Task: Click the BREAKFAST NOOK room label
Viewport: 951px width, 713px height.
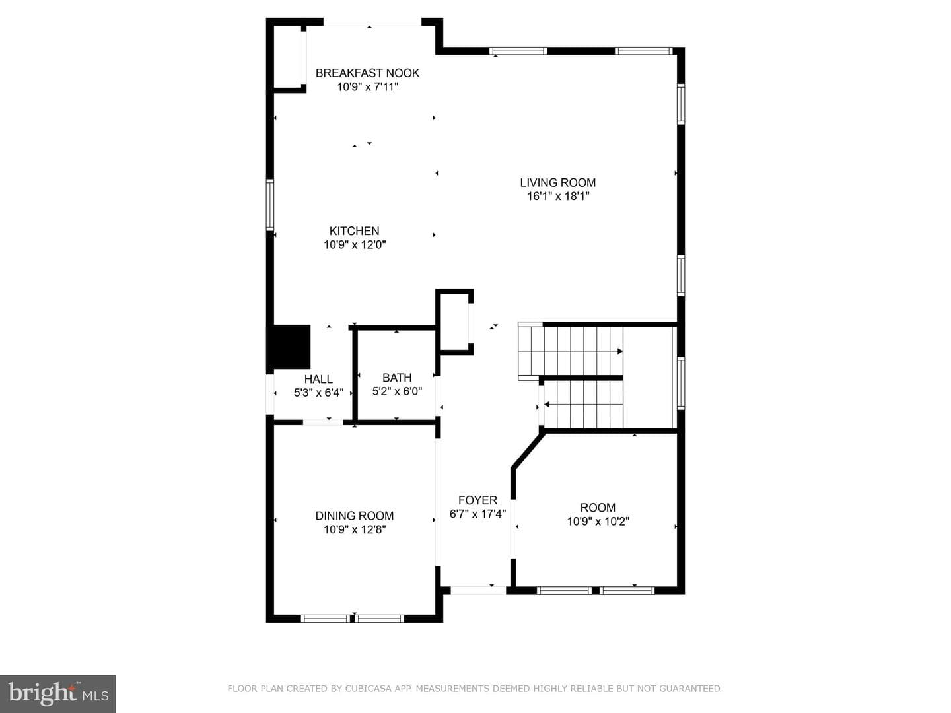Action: [x=367, y=73]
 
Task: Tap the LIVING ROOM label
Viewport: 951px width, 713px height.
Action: [x=557, y=183]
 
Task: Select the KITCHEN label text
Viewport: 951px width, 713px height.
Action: [x=354, y=231]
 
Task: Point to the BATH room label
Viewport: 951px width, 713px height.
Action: [x=397, y=378]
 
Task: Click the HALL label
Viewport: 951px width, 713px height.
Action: [x=318, y=379]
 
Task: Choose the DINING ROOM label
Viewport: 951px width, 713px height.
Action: [x=355, y=516]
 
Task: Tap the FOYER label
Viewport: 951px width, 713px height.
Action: [x=477, y=500]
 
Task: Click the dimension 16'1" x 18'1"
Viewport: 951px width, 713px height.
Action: [x=557, y=197]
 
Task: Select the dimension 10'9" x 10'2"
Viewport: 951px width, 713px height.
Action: [x=598, y=522]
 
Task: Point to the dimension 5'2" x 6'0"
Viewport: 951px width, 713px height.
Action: [x=397, y=391]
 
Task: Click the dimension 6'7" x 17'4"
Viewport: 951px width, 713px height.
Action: [x=477, y=514]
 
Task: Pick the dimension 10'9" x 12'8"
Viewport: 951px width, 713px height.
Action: [x=355, y=529]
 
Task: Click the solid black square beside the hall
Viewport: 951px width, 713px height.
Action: [x=289, y=347]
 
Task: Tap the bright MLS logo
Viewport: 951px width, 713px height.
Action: [x=58, y=694]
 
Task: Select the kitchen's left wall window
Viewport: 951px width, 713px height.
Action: [x=270, y=205]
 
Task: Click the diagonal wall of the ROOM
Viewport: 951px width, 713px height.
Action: [x=528, y=450]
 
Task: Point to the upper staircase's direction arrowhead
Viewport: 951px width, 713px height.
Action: [x=620, y=351]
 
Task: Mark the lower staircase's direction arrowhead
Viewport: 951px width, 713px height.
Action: [x=547, y=404]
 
